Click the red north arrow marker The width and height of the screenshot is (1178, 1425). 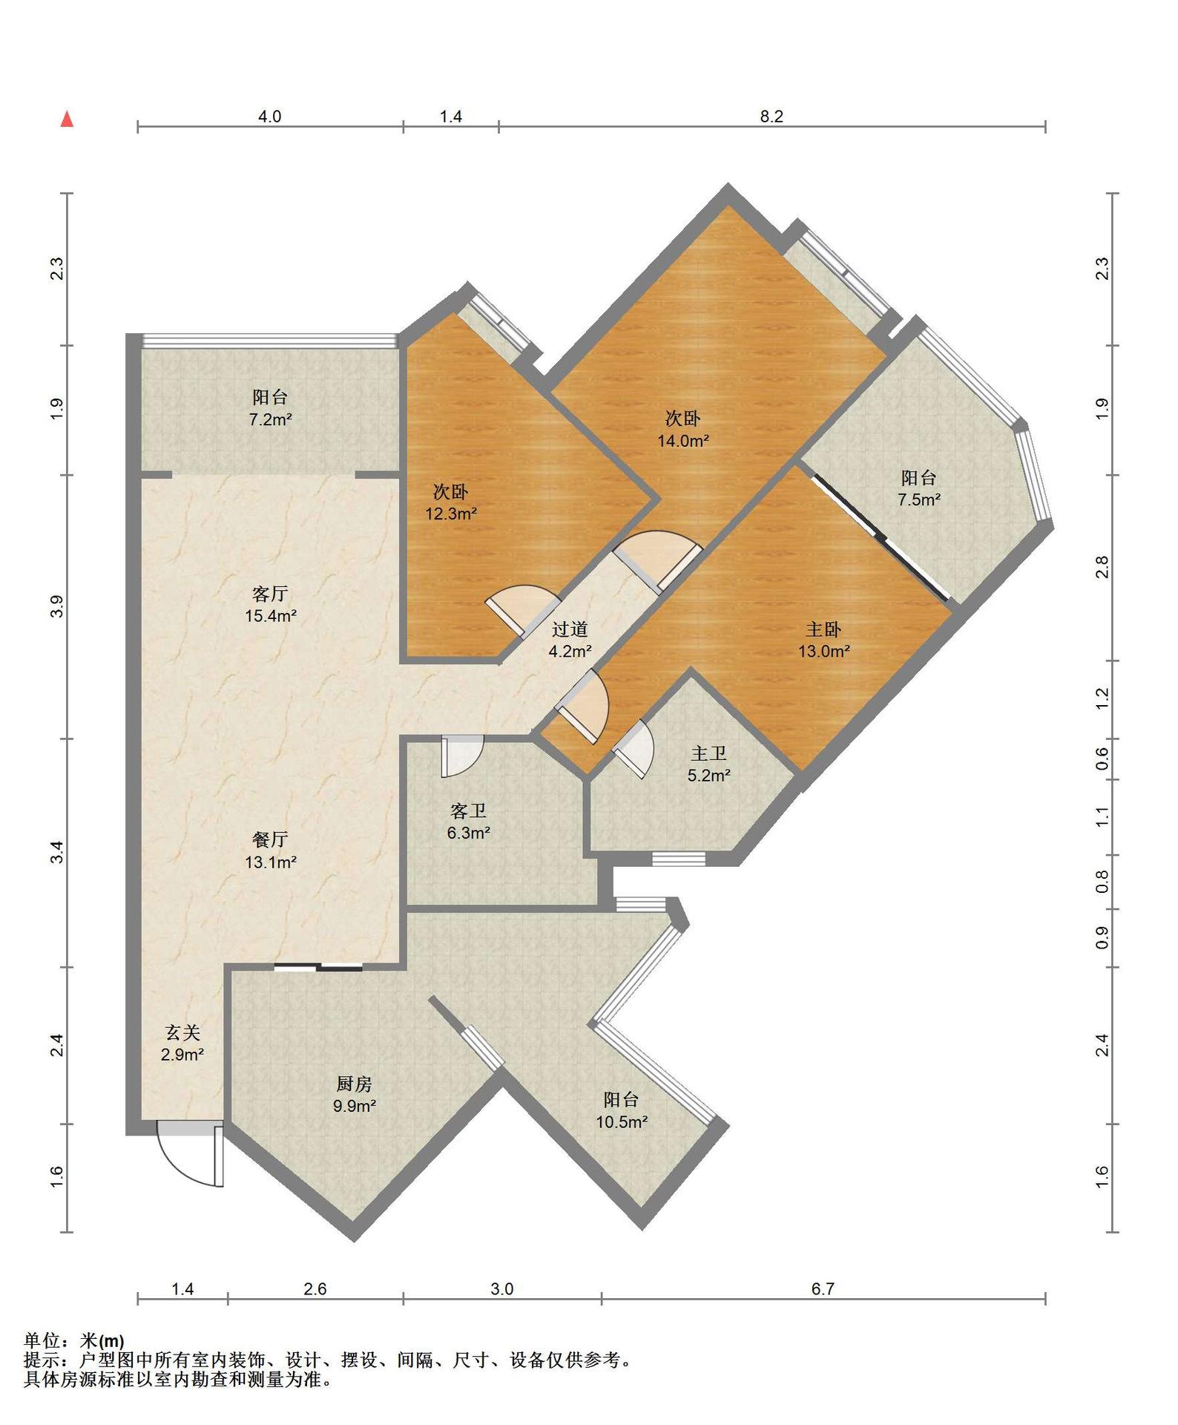[x=67, y=119]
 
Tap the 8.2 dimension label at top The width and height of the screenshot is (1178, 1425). [x=771, y=117]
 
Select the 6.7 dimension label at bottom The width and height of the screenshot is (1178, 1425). [x=823, y=1289]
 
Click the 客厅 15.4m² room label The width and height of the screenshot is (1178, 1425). [x=271, y=604]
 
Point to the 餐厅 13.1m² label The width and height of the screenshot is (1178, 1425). [x=271, y=851]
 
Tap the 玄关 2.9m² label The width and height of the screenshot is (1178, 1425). [x=182, y=1043]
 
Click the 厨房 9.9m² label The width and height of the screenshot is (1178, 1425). [x=354, y=1095]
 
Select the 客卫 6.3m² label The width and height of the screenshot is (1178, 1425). [x=468, y=822]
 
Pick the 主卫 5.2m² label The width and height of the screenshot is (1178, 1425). [x=708, y=764]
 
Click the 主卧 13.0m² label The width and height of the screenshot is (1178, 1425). [x=823, y=640]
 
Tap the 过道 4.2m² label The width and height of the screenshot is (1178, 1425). [x=570, y=640]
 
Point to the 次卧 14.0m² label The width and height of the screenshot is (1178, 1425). [x=682, y=429]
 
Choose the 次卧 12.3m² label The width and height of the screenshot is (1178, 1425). [x=450, y=502]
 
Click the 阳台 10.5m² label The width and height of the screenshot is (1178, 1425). [x=622, y=1110]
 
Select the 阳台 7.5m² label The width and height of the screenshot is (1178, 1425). [x=919, y=488]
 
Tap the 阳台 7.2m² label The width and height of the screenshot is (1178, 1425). [x=270, y=408]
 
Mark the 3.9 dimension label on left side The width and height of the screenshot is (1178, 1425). [x=57, y=606]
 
